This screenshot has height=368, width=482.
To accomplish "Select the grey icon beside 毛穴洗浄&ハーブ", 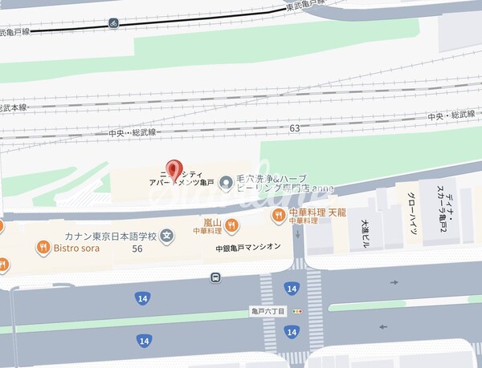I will pyautogui.click(x=227, y=184).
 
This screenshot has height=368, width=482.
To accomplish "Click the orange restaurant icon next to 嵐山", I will pyautogui.click(x=231, y=224).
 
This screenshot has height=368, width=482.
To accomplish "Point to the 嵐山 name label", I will pyautogui.click(x=212, y=221).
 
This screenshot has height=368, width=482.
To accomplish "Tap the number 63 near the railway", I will pyautogui.click(x=295, y=127).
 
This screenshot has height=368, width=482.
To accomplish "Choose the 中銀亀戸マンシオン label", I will pyautogui.click(x=248, y=248).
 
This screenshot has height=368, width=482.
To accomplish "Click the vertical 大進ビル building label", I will pyautogui.click(x=364, y=233).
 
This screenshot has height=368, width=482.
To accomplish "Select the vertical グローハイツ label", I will pyautogui.click(x=411, y=217).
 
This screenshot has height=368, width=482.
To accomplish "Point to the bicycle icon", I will pyautogui.click(x=114, y=22).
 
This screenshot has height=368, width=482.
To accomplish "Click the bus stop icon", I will pyautogui.click(x=215, y=278).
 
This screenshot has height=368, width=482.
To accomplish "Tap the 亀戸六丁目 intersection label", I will pyautogui.click(x=268, y=311).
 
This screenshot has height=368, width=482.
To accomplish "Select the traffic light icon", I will pyautogui.click(x=297, y=311).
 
